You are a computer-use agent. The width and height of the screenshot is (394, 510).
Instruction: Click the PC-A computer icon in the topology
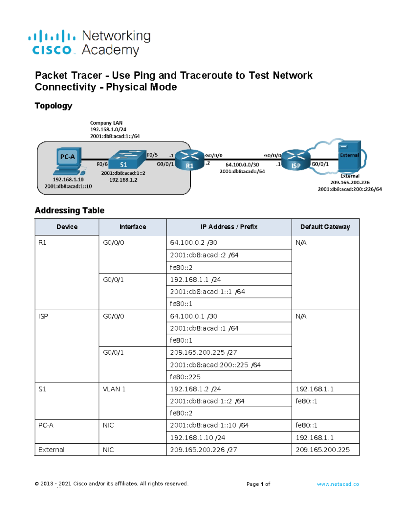[x=68, y=161]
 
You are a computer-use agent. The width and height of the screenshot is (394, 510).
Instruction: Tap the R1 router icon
[x=189, y=160]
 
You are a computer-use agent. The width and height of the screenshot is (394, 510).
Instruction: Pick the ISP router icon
[x=295, y=160]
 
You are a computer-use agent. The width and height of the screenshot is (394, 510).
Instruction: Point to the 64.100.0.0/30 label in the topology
[x=242, y=165]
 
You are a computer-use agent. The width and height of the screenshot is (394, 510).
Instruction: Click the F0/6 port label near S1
[x=102, y=164]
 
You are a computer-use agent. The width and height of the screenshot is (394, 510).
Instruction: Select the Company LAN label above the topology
[x=106, y=123]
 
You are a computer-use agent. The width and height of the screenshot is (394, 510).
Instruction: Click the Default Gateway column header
[x=325, y=227]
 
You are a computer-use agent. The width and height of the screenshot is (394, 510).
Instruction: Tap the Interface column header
[x=133, y=227]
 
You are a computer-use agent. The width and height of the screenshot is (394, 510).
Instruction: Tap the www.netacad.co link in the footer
[x=338, y=484]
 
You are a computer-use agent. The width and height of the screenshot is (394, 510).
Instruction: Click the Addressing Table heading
[x=70, y=211]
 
